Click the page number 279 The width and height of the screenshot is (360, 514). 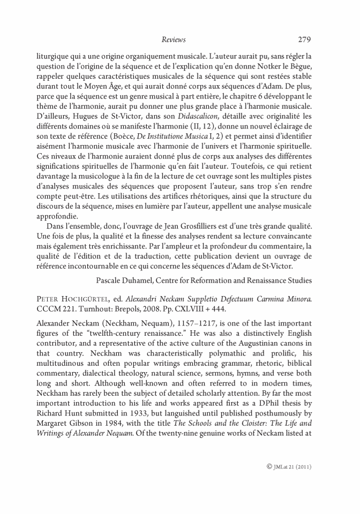point(304,40)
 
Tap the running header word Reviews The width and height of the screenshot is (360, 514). point(173,40)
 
